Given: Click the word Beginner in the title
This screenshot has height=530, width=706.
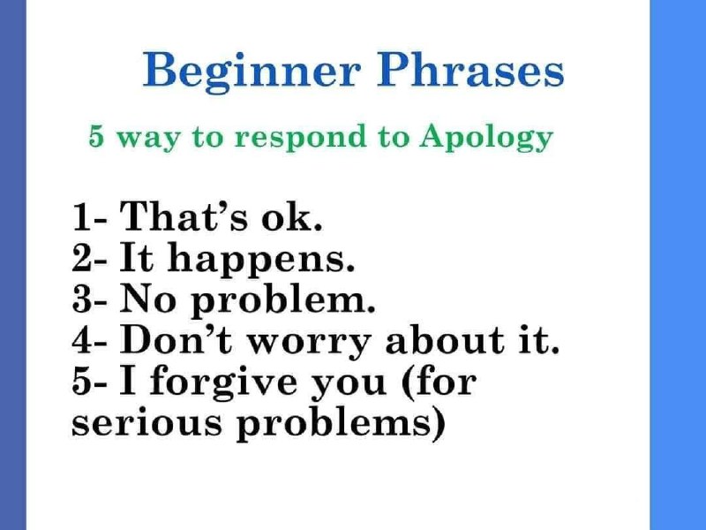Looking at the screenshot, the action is click(252, 72).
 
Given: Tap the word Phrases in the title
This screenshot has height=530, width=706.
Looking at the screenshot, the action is click(470, 70).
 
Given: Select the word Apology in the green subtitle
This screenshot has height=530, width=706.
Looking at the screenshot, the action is click(486, 138).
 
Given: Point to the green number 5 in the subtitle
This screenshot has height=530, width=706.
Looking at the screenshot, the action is click(96, 137).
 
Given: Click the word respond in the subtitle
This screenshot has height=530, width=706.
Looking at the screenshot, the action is click(300, 138).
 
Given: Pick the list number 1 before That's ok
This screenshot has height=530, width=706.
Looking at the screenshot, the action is click(80, 216).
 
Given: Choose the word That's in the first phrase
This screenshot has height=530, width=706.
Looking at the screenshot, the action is click(184, 216).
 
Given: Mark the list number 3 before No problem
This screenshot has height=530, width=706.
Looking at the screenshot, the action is click(81, 299).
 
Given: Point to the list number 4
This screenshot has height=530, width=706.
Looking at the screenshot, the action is click(81, 340).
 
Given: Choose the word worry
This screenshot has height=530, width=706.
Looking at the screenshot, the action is click(309, 344).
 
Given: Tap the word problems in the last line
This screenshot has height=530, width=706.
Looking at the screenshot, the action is click(334, 425).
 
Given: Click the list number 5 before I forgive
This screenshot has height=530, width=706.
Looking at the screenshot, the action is click(81, 382).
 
